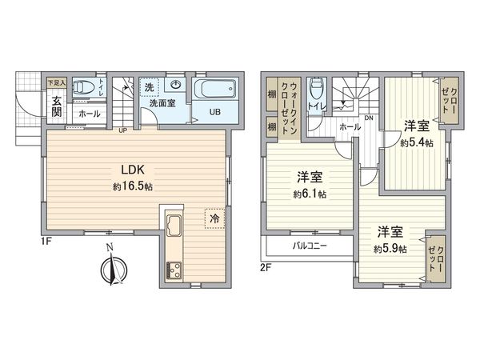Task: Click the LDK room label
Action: pyautogui.click(x=131, y=170)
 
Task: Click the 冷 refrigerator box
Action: pyautogui.click(x=214, y=218)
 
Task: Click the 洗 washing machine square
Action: pyautogui.click(x=150, y=86)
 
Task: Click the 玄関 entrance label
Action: pyautogui.click(x=58, y=107)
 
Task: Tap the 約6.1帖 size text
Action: pyautogui.click(x=308, y=194)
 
